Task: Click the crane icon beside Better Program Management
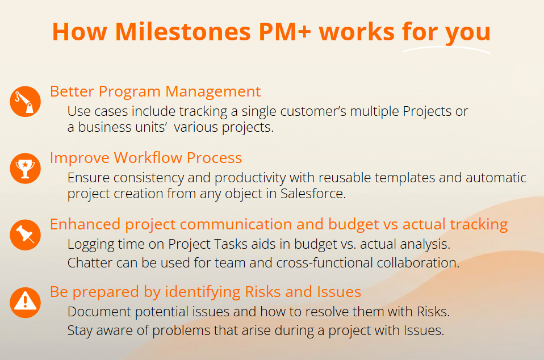click(x=26, y=102)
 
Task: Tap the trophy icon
click(x=26, y=168)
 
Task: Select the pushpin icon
click(x=26, y=235)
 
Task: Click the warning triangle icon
click(x=26, y=303)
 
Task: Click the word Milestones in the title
click(x=182, y=32)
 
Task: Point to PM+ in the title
click(x=285, y=32)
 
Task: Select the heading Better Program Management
click(x=155, y=91)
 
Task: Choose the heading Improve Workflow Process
click(x=146, y=158)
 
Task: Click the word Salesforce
click(x=313, y=194)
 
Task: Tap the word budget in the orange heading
click(x=353, y=225)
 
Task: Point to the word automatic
click(x=496, y=178)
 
